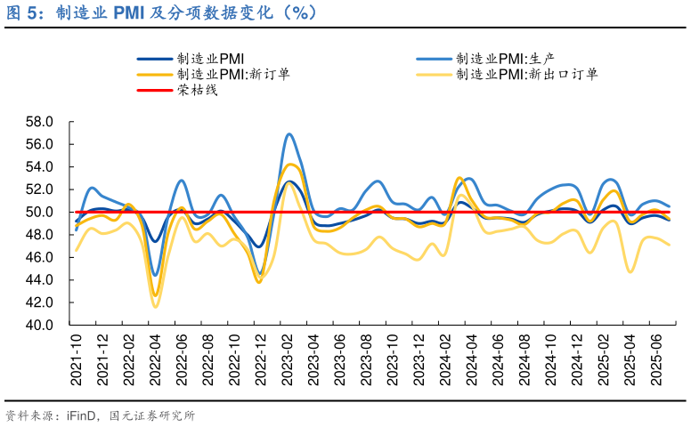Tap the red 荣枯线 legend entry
pyautogui.click(x=197, y=90)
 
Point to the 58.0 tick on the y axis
pyautogui.click(x=40, y=122)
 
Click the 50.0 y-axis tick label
pyautogui.click(x=40, y=213)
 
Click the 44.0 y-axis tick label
pyautogui.click(x=40, y=280)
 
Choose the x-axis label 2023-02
pyautogui.click(x=289, y=360)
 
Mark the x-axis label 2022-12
pyautogui.click(x=262, y=360)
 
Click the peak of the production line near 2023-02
pyautogui.click(x=289, y=133)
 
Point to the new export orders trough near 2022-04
pyautogui.click(x=156, y=307)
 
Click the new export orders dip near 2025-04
pyautogui.click(x=630, y=271)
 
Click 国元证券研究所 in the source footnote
pyautogui.click(x=152, y=415)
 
